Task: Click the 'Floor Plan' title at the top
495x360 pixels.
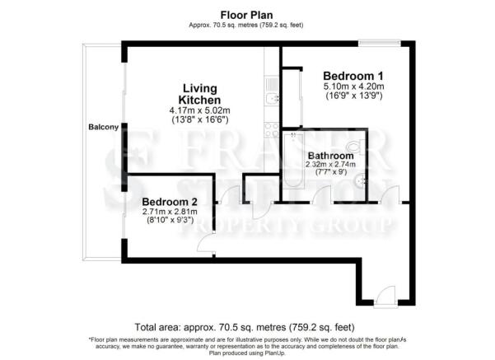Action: click(247, 14)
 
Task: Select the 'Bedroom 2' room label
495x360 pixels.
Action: click(170, 202)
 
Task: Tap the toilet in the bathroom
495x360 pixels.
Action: click(355, 146)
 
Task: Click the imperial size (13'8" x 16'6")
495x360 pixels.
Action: click(198, 120)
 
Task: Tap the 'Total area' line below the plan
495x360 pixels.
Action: click(247, 325)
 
